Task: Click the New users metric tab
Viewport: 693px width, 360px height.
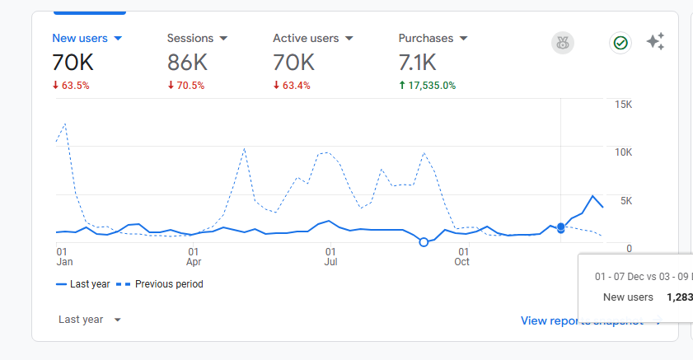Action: click(x=80, y=38)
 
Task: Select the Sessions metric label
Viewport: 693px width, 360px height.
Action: click(x=190, y=38)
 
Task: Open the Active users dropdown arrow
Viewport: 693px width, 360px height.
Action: click(x=349, y=39)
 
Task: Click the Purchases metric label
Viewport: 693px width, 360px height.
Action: click(x=426, y=38)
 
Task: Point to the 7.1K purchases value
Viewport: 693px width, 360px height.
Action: click(x=418, y=63)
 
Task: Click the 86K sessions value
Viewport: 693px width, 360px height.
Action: click(x=187, y=63)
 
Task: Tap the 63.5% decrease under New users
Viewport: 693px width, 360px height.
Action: click(x=71, y=85)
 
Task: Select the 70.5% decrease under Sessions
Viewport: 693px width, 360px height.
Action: click(x=185, y=85)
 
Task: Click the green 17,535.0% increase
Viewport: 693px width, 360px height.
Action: click(x=427, y=85)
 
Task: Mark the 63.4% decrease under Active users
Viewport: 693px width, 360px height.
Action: click(x=292, y=85)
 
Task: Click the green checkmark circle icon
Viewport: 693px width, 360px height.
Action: click(x=620, y=43)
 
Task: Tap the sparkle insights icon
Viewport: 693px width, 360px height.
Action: click(x=655, y=42)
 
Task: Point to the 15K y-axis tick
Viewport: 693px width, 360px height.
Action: click(x=623, y=105)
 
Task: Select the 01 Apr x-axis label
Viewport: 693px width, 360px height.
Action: click(x=194, y=257)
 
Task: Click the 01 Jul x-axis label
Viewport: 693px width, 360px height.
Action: click(x=330, y=257)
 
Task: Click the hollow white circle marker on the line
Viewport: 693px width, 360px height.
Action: click(x=424, y=242)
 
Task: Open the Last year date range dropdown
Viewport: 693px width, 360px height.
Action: click(x=90, y=320)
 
